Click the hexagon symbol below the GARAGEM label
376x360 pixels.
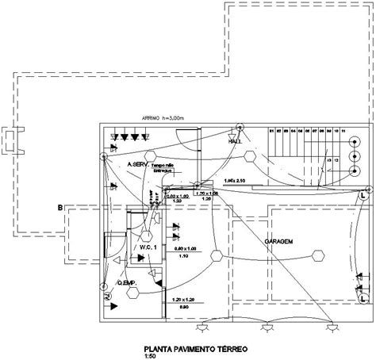click(x=317, y=255)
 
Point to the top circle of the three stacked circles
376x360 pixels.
click(x=354, y=140)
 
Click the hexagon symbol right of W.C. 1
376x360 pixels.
click(x=214, y=255)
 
